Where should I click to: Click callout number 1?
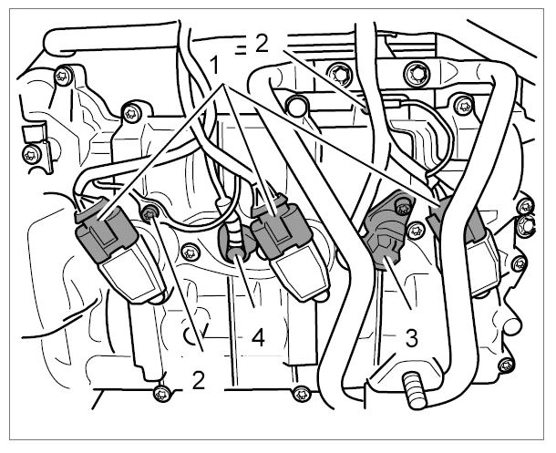[x=214, y=65]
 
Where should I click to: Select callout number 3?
[x=411, y=338]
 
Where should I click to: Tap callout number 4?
[x=258, y=337]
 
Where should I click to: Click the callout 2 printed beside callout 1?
[x=262, y=44]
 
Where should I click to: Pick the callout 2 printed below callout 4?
[x=199, y=380]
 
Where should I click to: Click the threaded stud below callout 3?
[x=414, y=390]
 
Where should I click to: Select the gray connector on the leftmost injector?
[x=106, y=233]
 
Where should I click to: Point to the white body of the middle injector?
[x=301, y=273]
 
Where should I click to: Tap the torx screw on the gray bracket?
[x=401, y=208]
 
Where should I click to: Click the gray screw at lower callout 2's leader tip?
[x=149, y=213]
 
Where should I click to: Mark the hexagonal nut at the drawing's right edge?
[x=526, y=225]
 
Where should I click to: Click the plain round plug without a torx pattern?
[x=295, y=107]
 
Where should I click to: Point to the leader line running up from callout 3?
[x=397, y=283]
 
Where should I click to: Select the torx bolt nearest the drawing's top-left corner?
[x=62, y=76]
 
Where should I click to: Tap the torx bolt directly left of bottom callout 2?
[x=161, y=395]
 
